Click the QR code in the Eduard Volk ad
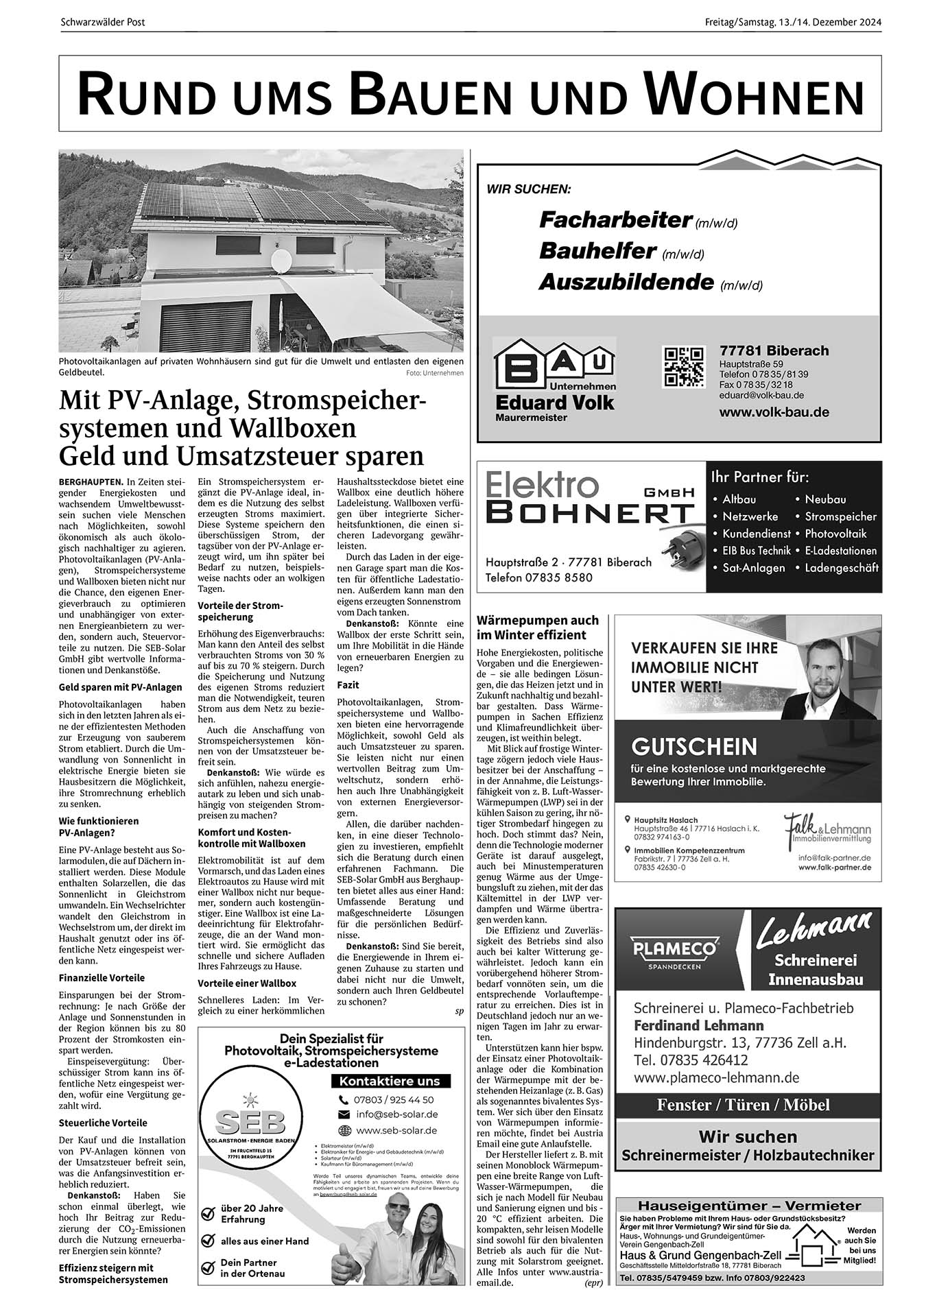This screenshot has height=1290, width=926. (x=682, y=366)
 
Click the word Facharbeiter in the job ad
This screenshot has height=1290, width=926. (x=615, y=219)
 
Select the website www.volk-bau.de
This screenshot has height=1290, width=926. (x=774, y=412)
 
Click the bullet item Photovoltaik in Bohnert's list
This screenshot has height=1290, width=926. (x=835, y=533)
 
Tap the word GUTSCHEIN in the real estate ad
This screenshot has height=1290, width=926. (x=694, y=746)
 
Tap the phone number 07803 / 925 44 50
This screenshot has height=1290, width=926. (x=394, y=1099)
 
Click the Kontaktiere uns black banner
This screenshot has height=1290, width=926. (x=390, y=1081)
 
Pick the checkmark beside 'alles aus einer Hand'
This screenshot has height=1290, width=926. (x=208, y=1241)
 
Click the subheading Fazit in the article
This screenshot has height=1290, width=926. (x=348, y=684)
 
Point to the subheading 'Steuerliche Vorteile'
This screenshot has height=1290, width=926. (x=103, y=1123)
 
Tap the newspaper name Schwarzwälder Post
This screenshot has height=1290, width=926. (x=103, y=23)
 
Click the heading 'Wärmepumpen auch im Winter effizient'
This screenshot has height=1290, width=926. (x=537, y=628)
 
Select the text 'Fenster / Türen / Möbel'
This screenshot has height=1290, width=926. (x=743, y=1104)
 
